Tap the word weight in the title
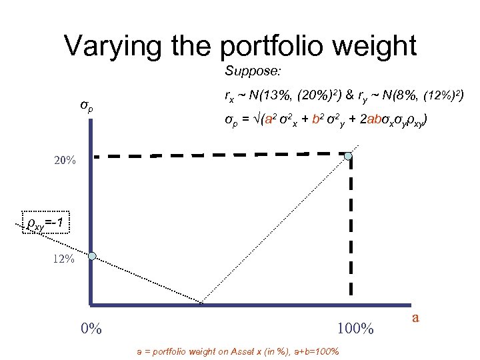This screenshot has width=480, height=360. pos(378,46)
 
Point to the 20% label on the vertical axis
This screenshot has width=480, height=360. pos(65,161)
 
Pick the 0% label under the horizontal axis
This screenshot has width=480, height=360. pos(91,329)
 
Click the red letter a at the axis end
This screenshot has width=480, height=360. pos(415,317)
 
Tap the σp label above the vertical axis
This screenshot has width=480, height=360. pos(87,106)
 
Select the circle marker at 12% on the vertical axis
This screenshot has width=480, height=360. pos(92,255)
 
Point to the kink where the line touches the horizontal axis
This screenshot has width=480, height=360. pos(201,303)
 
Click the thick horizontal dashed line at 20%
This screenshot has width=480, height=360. pos(220,156)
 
